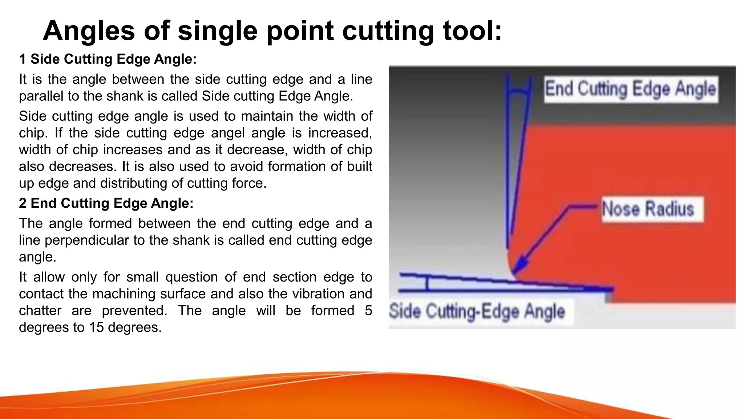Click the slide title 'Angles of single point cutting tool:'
[272, 31]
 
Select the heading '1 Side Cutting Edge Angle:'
[108, 59]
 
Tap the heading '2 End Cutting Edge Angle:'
[106, 203]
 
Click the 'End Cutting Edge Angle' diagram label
[630, 89]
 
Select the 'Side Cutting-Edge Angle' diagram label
[477, 311]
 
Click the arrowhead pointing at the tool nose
[519, 267]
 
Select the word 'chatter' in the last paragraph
[40, 310]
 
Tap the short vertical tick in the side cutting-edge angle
[428, 283]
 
